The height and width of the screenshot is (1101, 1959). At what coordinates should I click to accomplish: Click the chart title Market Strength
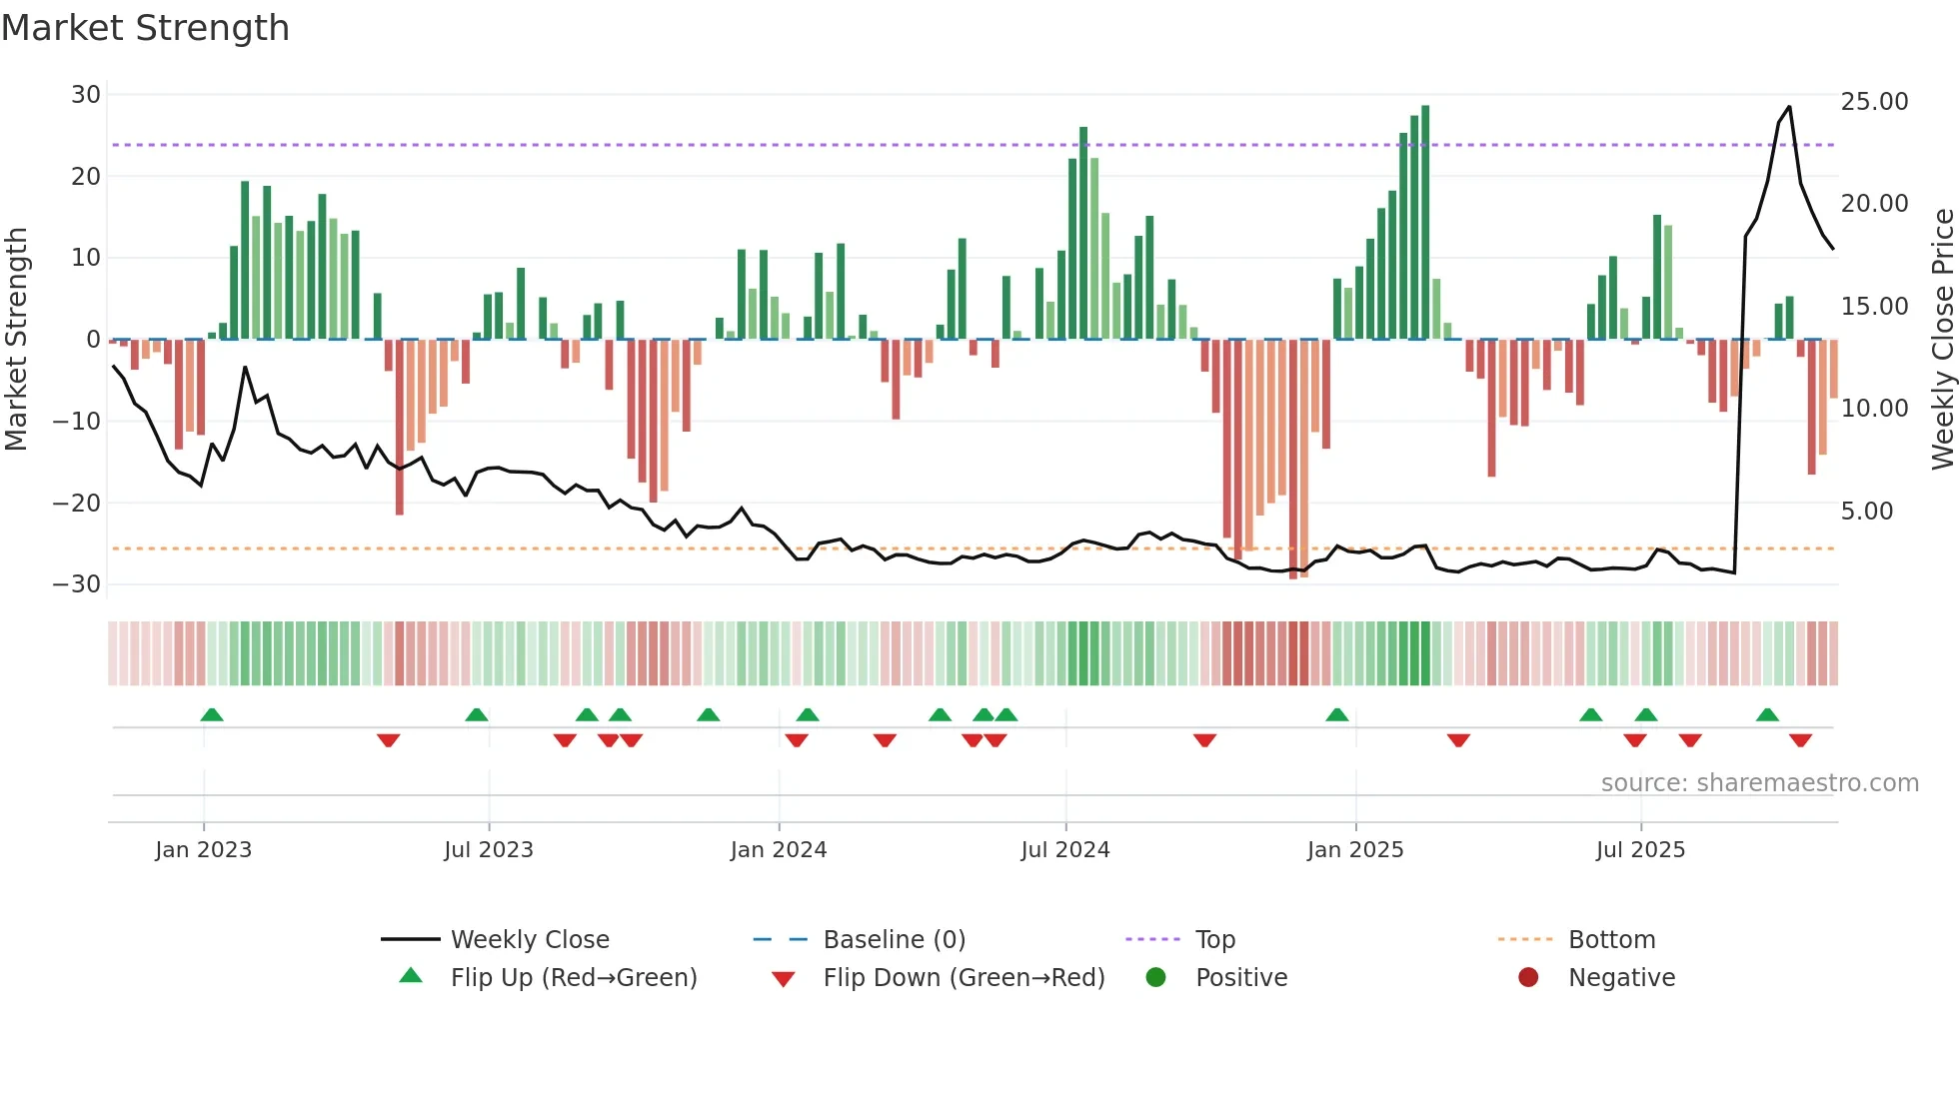click(145, 28)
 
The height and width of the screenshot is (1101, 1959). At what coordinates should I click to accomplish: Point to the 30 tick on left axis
click(86, 95)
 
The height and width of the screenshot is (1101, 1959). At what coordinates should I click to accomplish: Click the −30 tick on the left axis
click(77, 584)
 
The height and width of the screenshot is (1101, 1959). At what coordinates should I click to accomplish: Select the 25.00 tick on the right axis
click(1874, 102)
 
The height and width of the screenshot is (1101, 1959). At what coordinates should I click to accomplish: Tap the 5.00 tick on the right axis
click(1867, 512)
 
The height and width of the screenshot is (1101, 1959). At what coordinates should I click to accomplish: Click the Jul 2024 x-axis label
click(1064, 850)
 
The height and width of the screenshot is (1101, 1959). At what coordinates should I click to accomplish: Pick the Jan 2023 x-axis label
click(203, 850)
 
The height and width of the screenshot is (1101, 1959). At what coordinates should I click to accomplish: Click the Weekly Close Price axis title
click(1942, 340)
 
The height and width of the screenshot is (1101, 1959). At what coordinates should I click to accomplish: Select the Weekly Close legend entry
click(529, 940)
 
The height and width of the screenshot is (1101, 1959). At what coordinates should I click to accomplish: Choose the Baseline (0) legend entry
click(894, 940)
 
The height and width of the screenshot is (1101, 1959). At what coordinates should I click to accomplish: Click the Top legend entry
click(1214, 940)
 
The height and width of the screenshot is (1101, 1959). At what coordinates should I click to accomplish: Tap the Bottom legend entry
click(1611, 940)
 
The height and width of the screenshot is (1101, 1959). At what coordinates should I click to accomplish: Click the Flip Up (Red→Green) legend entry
click(573, 978)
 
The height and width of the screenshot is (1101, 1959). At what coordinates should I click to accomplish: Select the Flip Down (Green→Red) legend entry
click(964, 978)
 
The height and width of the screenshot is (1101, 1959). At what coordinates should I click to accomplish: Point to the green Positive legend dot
click(1156, 978)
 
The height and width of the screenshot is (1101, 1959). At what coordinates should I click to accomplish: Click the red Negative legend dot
click(1528, 978)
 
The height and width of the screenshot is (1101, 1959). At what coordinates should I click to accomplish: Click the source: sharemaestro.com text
click(1759, 783)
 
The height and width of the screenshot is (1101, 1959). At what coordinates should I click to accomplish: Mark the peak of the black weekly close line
click(1789, 107)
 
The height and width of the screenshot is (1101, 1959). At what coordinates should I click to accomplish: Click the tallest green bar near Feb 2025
click(1425, 220)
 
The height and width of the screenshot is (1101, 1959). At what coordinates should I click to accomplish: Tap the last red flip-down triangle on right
click(1800, 740)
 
